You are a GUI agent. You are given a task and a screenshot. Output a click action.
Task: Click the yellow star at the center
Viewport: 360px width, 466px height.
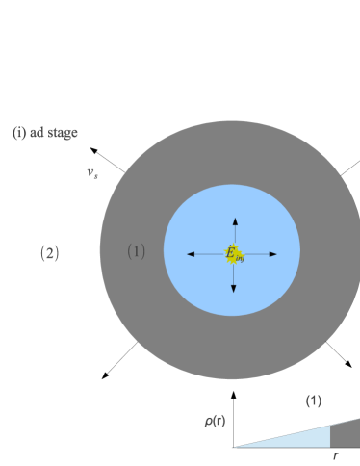pos(233,252)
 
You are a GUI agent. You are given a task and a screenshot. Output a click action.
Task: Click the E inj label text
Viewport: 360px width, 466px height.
pos(235,254)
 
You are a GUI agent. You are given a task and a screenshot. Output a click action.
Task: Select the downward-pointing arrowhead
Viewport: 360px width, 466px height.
pos(233,287)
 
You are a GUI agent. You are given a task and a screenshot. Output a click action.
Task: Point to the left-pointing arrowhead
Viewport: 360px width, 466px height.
pos(191,254)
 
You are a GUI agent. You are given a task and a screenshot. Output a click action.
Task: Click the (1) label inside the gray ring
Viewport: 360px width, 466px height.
pos(136,251)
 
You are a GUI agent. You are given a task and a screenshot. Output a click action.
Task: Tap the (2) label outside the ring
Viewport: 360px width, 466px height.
pos(49,253)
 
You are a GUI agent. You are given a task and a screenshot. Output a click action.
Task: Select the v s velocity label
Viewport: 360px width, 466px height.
pos(92,173)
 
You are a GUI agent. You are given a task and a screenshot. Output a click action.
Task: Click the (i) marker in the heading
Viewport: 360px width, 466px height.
pos(19,133)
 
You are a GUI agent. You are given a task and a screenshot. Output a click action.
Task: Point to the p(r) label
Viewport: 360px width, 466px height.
pos(215,420)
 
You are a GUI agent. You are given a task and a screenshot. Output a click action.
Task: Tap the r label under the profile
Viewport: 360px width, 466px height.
pos(335,454)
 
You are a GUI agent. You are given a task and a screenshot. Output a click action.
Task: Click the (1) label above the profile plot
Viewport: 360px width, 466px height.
pos(314,401)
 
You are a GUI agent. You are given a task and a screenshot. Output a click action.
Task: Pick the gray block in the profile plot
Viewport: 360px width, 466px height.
pos(345,434)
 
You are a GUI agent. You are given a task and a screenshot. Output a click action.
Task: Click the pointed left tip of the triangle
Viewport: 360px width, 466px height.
pos(233,447)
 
